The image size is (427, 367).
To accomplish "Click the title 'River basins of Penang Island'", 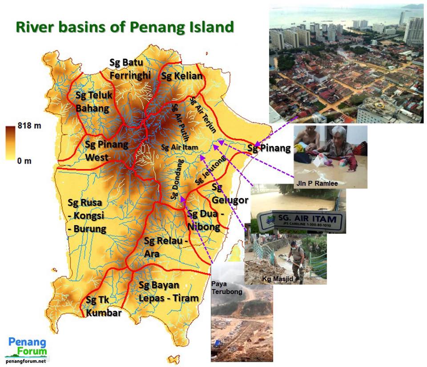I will [125, 27].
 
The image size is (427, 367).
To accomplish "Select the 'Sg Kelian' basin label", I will [181, 76].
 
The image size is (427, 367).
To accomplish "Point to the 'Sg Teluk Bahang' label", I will [94, 102].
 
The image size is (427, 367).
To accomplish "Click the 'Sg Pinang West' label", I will [106, 151].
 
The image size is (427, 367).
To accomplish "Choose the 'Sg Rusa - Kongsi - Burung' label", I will [87, 216].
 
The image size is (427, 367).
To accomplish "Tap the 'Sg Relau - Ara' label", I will [166, 247].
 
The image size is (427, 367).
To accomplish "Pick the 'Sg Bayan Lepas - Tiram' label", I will [168, 291].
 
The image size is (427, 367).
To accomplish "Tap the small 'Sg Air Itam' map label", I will [179, 147].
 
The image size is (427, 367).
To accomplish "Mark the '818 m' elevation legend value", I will [29, 126].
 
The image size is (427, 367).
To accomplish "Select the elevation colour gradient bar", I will [10, 143].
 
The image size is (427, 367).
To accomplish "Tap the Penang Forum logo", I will [28, 348].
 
